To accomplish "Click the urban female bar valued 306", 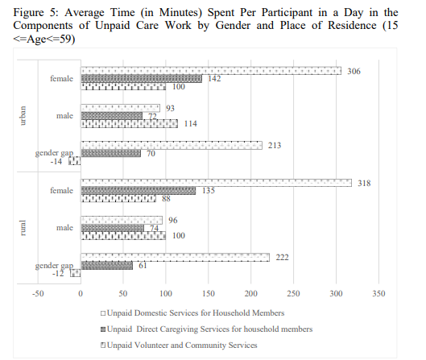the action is click(211, 71).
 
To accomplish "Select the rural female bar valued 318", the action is click(216, 183).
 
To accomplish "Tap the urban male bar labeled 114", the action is click(129, 124).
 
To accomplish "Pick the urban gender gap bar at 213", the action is click(172, 145).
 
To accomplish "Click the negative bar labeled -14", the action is click(75, 161).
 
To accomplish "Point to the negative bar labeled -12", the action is click(76, 273).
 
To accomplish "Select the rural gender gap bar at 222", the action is click(176, 257).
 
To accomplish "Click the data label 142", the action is click(214, 79).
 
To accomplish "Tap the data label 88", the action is click(166, 199).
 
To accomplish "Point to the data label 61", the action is click(143, 265).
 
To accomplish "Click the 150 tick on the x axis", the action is click(209, 293).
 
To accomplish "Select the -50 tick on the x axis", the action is click(38, 293).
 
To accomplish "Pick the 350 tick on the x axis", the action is click(378, 293).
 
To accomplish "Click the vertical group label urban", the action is click(23, 115).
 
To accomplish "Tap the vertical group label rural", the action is click(23, 228).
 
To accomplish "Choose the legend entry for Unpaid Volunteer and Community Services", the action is click(179, 345).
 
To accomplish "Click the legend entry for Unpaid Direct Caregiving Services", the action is click(207, 329).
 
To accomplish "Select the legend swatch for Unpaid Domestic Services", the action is click(103, 313).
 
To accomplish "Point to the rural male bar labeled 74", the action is click(112, 228).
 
